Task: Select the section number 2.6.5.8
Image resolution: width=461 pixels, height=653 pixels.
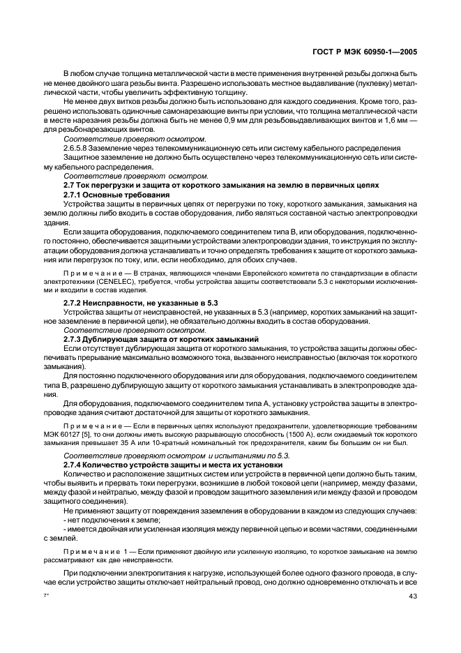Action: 79,147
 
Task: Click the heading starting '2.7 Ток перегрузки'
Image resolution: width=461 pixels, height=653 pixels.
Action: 221,185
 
